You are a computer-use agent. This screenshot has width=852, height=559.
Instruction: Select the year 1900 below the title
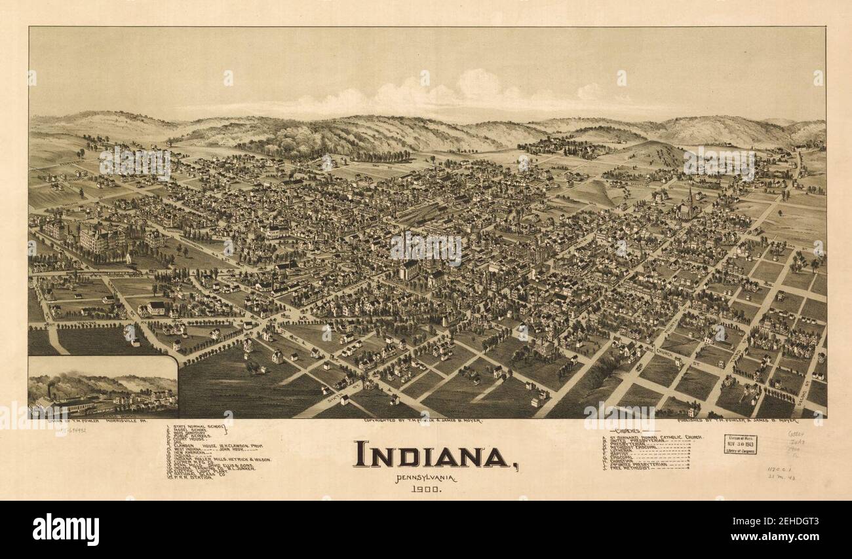[426, 489]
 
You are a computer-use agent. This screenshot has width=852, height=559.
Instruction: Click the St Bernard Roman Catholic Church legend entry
[655, 437]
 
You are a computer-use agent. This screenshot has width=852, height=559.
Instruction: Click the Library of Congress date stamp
[740, 444]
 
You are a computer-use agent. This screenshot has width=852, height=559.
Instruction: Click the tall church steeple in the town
[689, 197]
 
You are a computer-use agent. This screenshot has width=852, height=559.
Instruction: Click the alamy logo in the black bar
[66, 529]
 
